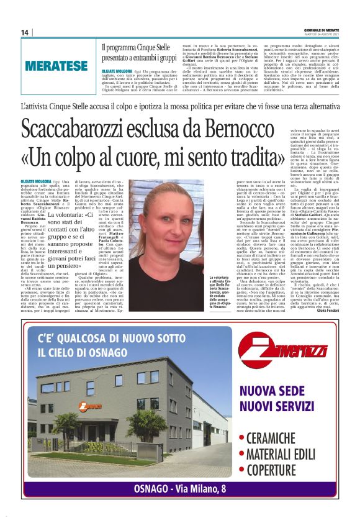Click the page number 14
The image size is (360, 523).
tap(25, 32)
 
